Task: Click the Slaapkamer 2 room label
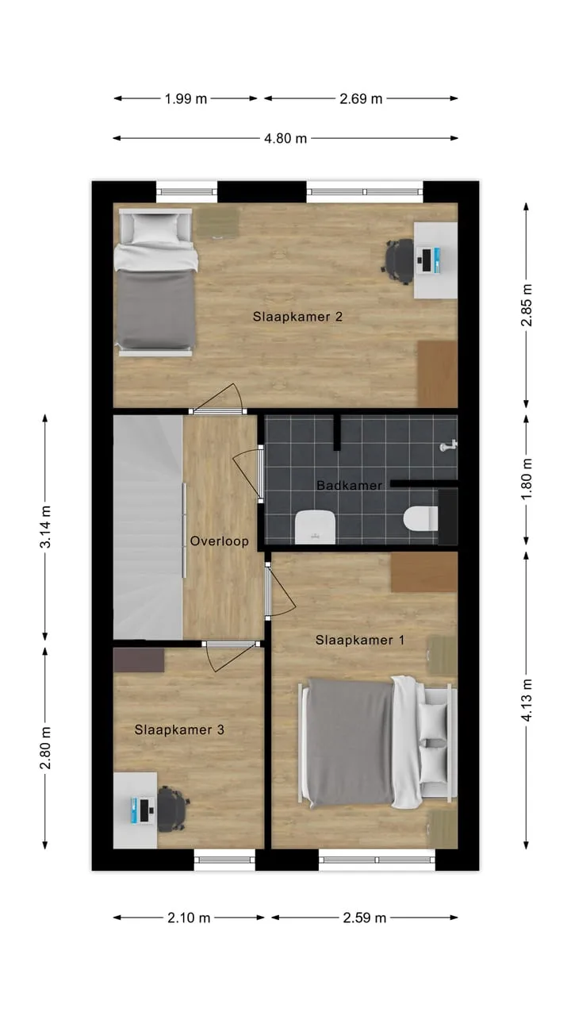click(x=297, y=317)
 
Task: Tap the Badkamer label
click(x=349, y=485)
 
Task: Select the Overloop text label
click(x=220, y=541)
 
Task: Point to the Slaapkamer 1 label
click(x=360, y=640)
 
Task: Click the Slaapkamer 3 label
click(x=179, y=729)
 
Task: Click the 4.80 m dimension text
click(x=285, y=138)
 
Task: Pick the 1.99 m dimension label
click(x=186, y=98)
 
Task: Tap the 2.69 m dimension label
click(x=361, y=98)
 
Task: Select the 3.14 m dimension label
click(x=45, y=526)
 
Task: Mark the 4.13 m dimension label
click(x=526, y=700)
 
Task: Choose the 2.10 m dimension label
click(x=189, y=918)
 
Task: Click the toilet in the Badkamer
click(x=420, y=518)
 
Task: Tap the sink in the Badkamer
click(x=315, y=527)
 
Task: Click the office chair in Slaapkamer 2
click(x=400, y=261)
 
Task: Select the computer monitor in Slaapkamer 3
click(x=144, y=810)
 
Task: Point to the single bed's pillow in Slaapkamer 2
click(x=155, y=229)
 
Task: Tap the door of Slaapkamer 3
click(x=231, y=656)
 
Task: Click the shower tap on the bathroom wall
click(x=448, y=446)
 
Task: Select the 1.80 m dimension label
click(x=526, y=479)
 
